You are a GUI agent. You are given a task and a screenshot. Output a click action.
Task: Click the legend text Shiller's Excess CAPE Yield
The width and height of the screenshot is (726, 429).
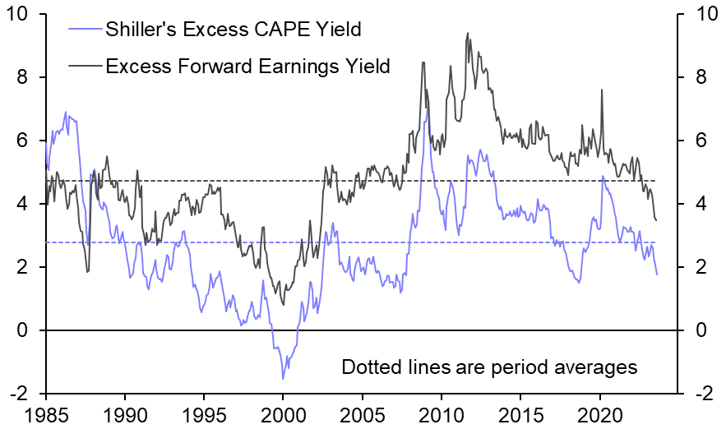[234, 30]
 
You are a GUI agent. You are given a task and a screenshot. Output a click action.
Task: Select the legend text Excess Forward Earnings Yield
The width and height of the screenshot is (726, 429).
[247, 66]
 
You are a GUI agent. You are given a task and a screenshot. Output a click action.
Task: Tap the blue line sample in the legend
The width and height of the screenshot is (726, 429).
[83, 31]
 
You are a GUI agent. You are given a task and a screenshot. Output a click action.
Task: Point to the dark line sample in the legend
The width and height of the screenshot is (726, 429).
[83, 66]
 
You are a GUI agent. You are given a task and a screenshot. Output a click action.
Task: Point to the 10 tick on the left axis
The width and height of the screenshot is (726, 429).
[22, 15]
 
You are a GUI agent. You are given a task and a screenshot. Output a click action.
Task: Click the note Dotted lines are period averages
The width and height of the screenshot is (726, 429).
[489, 367]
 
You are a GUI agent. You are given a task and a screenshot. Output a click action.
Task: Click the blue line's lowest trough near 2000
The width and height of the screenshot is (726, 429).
[283, 379]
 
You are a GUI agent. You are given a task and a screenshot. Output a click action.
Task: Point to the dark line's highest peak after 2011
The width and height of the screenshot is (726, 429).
[468, 34]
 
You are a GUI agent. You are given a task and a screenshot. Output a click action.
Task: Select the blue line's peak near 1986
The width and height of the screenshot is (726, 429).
[66, 112]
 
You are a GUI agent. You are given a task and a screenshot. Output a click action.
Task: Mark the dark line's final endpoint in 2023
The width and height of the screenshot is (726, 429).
[656, 220]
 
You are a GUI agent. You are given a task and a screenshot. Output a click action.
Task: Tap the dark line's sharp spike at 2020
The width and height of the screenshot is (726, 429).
[602, 90]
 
